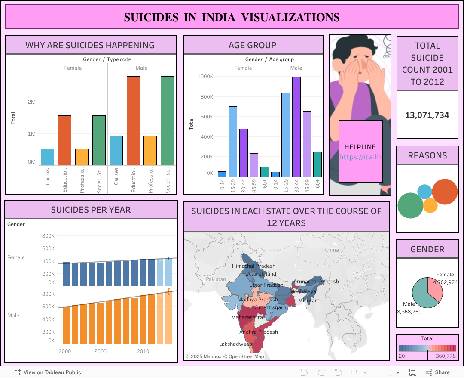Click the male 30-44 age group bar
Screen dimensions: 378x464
click(296, 127)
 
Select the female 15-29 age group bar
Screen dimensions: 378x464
click(233, 142)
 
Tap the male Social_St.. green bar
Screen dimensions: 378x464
click(167, 121)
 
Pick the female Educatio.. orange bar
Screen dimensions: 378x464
click(64, 140)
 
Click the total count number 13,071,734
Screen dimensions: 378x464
click(427, 115)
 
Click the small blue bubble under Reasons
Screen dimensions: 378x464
click(424, 191)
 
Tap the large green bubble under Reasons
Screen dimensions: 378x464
click(410, 205)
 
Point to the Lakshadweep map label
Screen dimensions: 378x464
click(235, 344)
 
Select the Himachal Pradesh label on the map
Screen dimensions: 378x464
click(253, 266)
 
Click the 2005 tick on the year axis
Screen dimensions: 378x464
click(101, 351)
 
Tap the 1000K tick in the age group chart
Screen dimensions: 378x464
click(205, 77)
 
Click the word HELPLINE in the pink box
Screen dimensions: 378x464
click(360, 147)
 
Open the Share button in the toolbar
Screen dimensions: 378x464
click(438, 372)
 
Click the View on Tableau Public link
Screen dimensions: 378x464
click(48, 372)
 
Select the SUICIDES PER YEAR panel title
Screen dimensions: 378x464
click(91, 210)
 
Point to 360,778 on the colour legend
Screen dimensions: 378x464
click(446, 356)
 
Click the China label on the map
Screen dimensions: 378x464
click(332, 250)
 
